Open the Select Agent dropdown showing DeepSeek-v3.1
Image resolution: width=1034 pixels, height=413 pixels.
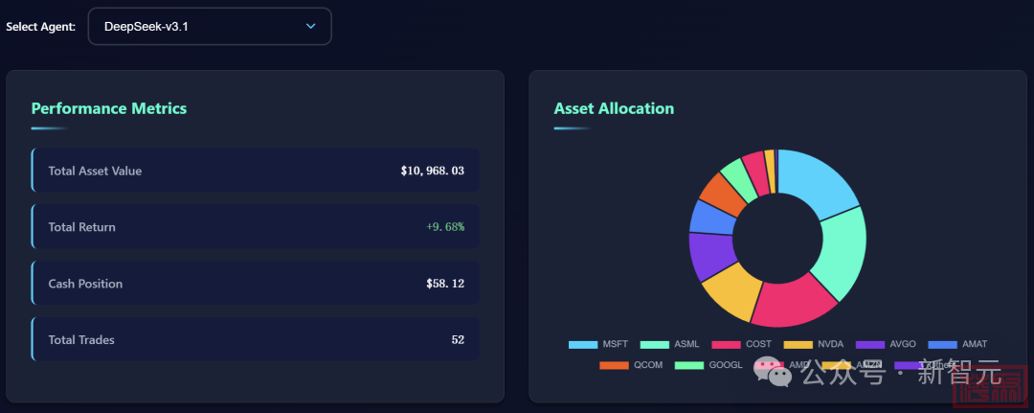point(209,27)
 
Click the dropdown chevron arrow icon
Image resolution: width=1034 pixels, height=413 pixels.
point(310,27)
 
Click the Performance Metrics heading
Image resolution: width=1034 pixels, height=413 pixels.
point(109,108)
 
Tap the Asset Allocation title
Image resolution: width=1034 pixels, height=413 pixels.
point(614,108)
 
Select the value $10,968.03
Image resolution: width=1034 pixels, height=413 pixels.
point(433,171)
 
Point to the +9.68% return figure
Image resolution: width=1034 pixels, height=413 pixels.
point(445,227)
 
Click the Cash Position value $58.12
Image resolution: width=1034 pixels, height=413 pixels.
point(445,284)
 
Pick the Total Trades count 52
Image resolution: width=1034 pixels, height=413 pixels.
point(458,340)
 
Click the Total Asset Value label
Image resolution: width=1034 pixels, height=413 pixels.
point(95,171)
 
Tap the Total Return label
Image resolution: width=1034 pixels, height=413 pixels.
point(81,227)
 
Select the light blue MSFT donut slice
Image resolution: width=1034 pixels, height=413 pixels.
point(818,181)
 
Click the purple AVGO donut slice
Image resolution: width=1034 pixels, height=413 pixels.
point(709,255)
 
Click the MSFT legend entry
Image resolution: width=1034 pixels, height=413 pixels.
point(598,344)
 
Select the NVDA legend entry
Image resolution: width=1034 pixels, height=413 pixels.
point(814,344)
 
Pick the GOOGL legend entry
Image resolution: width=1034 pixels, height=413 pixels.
point(709,365)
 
